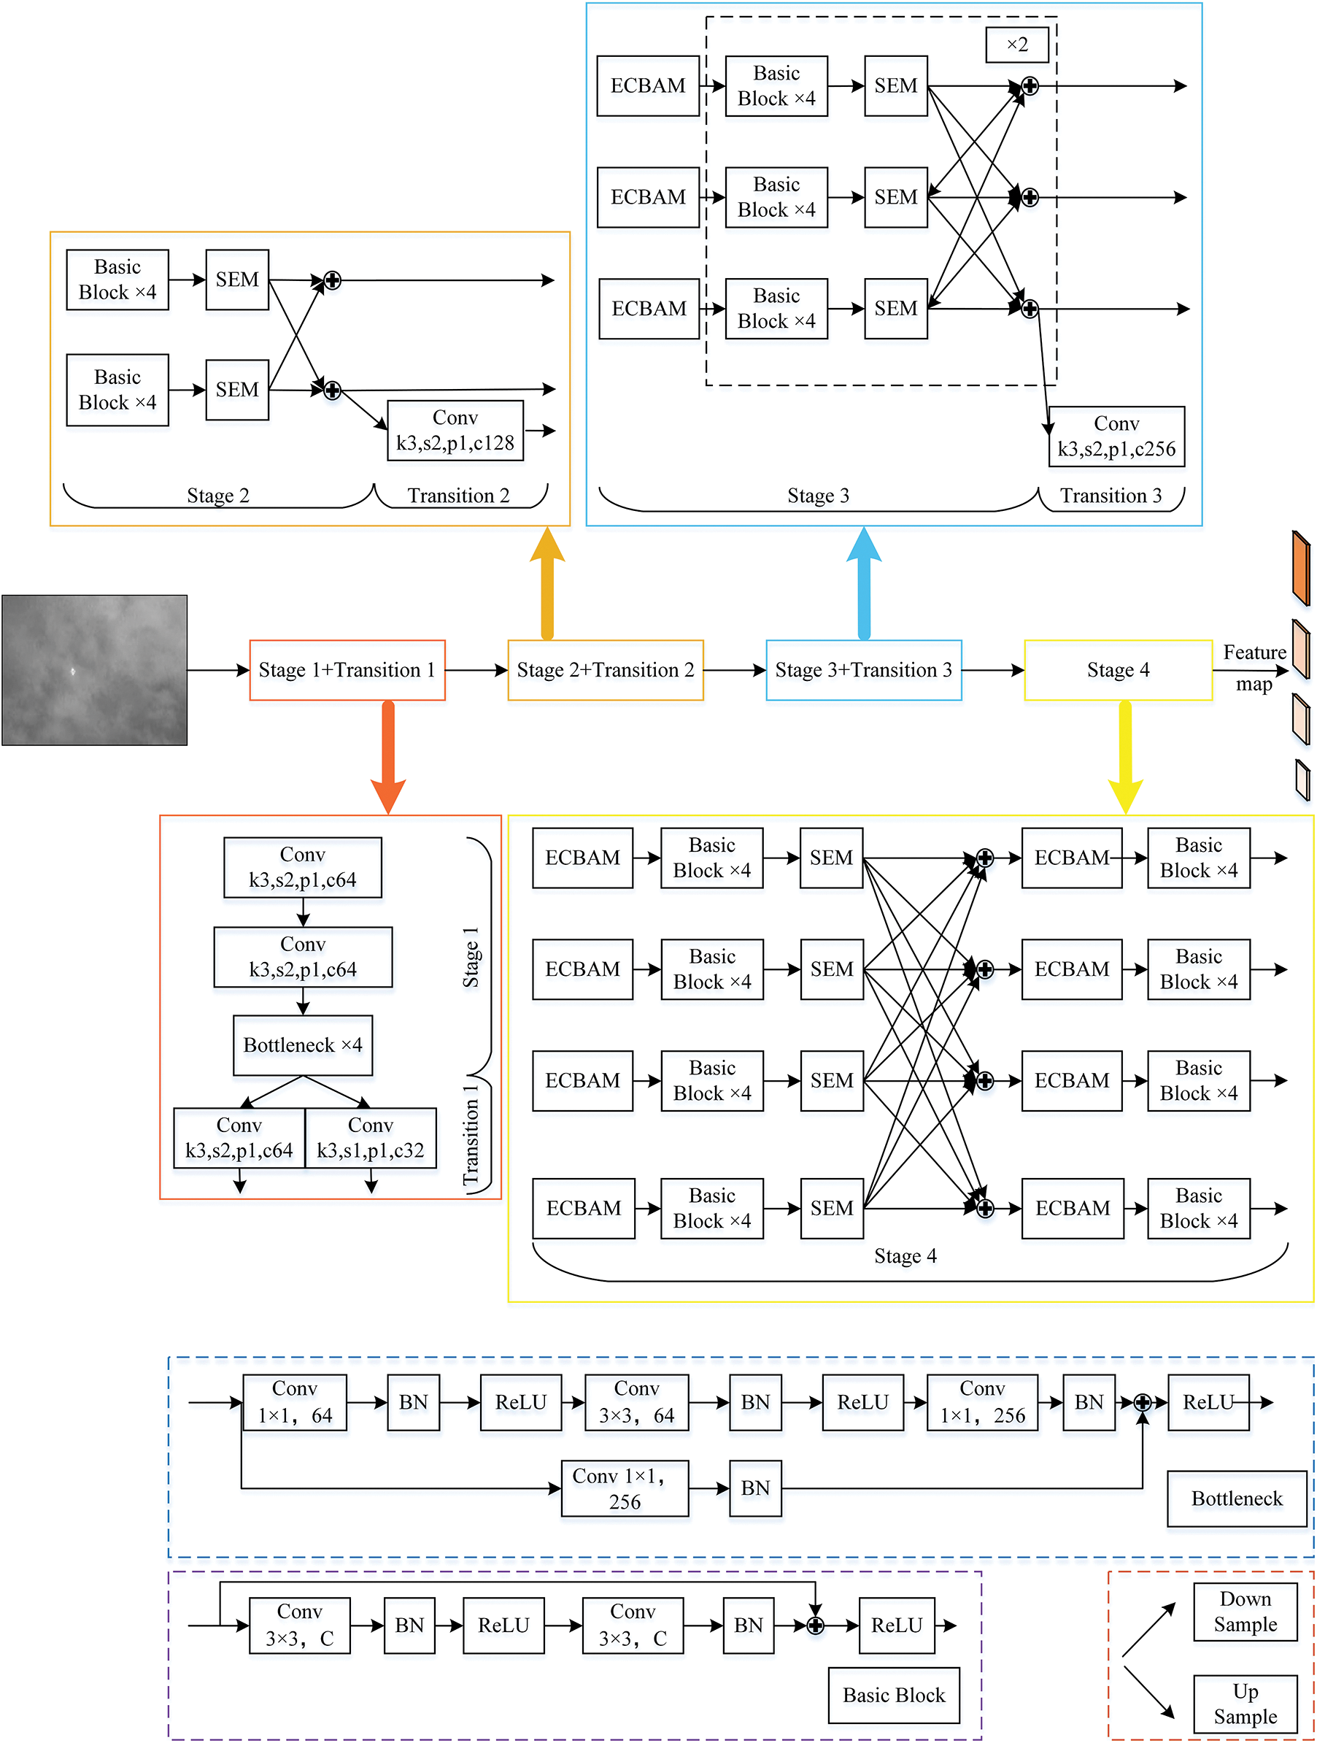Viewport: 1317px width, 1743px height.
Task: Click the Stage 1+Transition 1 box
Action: [347, 670]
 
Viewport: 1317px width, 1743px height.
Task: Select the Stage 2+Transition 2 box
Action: [605, 670]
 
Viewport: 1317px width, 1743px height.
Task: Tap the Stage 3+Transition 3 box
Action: [863, 670]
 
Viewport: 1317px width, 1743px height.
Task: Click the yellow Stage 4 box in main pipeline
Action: [1117, 670]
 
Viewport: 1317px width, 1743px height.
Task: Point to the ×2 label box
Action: [1017, 45]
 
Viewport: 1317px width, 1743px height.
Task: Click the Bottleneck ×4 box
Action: [303, 1045]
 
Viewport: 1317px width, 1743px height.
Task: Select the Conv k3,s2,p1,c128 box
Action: [455, 430]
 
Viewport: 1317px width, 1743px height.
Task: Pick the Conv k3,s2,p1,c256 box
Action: [1116, 436]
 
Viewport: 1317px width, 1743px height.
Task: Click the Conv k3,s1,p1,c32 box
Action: [370, 1138]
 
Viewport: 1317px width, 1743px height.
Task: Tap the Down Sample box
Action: [1245, 1612]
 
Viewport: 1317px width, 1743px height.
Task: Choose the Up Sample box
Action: [1245, 1704]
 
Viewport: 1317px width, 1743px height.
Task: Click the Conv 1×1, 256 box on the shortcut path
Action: [624, 1488]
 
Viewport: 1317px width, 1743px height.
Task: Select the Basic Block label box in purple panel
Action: [893, 1695]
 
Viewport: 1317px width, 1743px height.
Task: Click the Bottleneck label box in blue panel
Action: [1236, 1498]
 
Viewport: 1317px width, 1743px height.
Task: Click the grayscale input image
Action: [95, 670]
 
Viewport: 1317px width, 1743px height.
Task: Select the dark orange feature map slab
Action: [1300, 568]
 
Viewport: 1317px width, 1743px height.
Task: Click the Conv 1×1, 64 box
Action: [295, 1402]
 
